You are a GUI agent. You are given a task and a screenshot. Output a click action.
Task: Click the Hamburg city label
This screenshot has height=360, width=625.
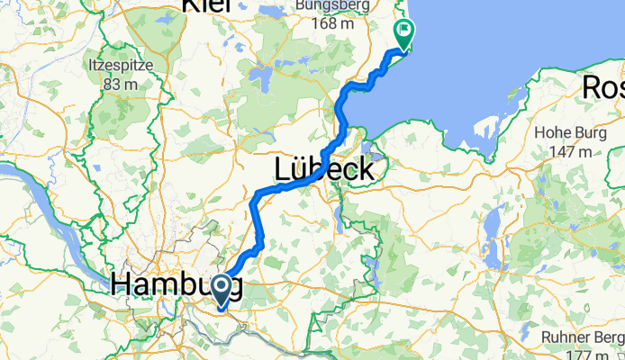coord(177,285)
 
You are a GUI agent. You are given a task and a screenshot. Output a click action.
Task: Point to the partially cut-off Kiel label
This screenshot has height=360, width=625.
coord(206,5)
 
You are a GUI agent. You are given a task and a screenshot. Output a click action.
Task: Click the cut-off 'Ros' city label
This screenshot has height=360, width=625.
coord(603,88)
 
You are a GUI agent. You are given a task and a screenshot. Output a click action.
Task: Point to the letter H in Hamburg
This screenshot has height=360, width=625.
coord(122,285)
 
